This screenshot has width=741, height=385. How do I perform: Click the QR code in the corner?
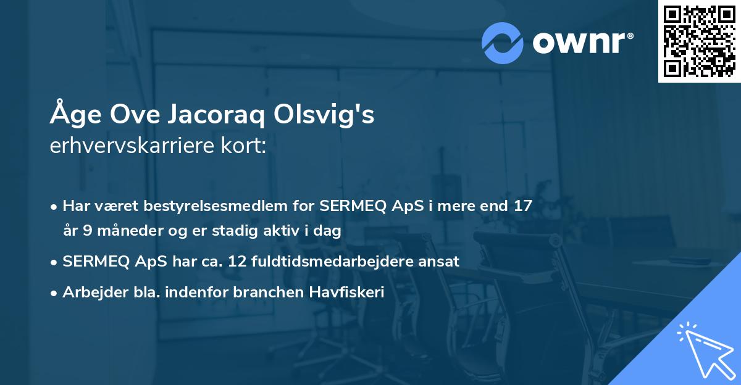coord(699,41)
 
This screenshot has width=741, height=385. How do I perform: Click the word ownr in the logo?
coord(582,43)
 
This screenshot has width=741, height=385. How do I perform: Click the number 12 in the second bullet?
coord(238,262)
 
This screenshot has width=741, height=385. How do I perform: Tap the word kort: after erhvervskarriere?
coord(247,147)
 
